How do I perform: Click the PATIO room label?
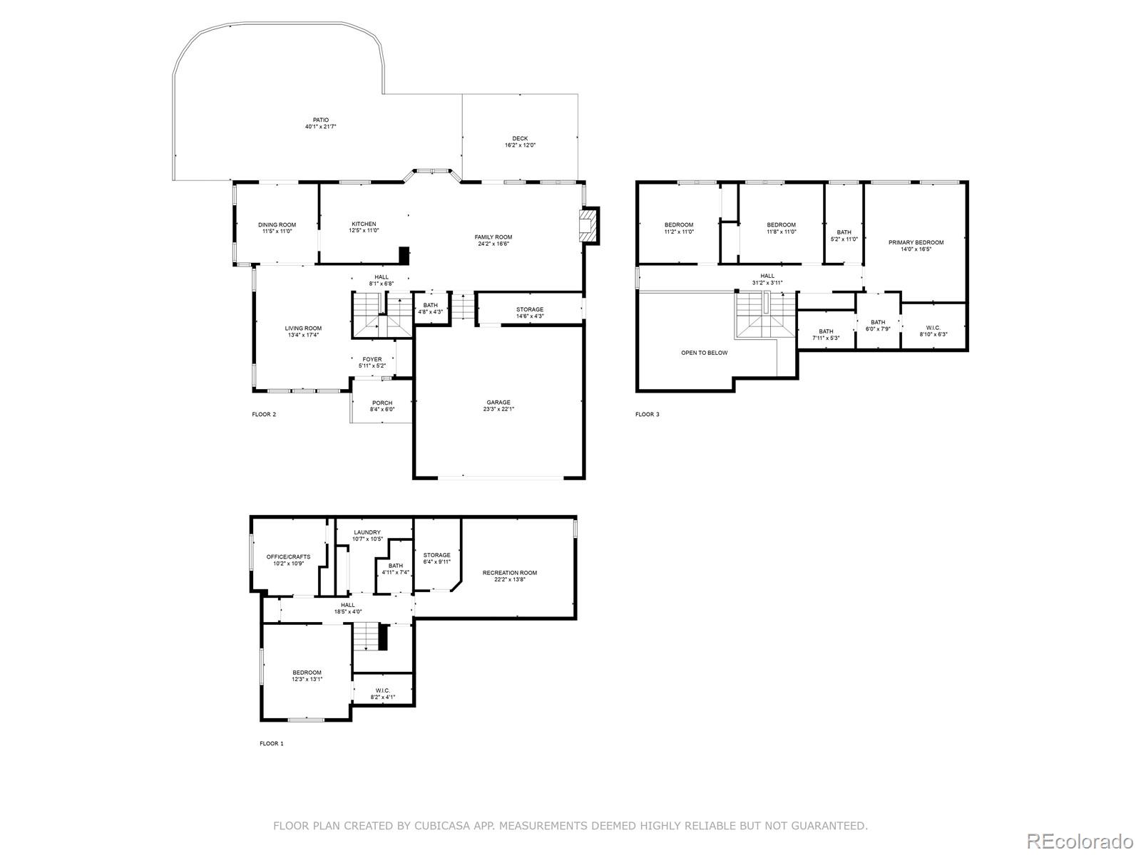point(321,120)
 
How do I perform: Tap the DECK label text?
point(520,139)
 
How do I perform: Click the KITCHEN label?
point(364,224)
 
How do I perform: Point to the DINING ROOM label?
point(277,225)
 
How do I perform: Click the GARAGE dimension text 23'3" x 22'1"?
point(498,409)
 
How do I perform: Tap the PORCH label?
point(382,403)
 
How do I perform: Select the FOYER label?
point(372,359)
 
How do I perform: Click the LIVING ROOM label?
point(303,328)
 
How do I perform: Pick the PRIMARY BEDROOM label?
point(916,242)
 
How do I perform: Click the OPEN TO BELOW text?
point(705,353)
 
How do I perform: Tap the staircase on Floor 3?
point(765,315)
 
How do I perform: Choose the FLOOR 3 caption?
point(648,414)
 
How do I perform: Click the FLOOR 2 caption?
point(264,414)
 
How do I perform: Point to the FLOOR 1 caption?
point(272,743)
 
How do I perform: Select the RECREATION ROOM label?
point(510,573)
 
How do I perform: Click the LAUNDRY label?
point(367,533)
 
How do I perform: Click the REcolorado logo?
point(1080,840)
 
